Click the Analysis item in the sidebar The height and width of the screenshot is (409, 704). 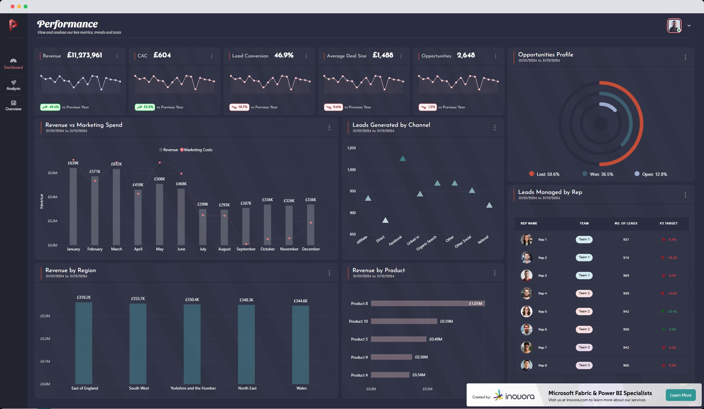tap(13, 85)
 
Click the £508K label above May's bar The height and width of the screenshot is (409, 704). tap(160, 179)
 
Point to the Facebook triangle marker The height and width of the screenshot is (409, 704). tap(402, 159)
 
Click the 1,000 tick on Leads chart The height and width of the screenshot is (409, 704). tap(352, 170)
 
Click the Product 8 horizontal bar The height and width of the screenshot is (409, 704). tap(427, 304)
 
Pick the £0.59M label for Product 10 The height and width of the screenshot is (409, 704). tap(446, 321)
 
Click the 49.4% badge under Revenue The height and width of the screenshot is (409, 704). tap(50, 107)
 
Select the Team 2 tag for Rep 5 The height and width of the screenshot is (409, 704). tap(584, 311)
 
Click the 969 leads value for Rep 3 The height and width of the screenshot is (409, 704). tap(626, 276)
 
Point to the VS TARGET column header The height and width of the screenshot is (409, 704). tap(668, 223)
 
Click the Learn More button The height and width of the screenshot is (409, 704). tap(680, 395)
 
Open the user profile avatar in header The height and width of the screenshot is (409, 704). tap(674, 26)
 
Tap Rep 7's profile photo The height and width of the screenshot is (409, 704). tap(526, 347)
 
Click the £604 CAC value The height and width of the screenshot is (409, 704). tap(162, 55)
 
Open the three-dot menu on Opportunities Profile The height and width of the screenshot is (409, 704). tap(685, 57)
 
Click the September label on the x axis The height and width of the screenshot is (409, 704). tap(246, 249)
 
